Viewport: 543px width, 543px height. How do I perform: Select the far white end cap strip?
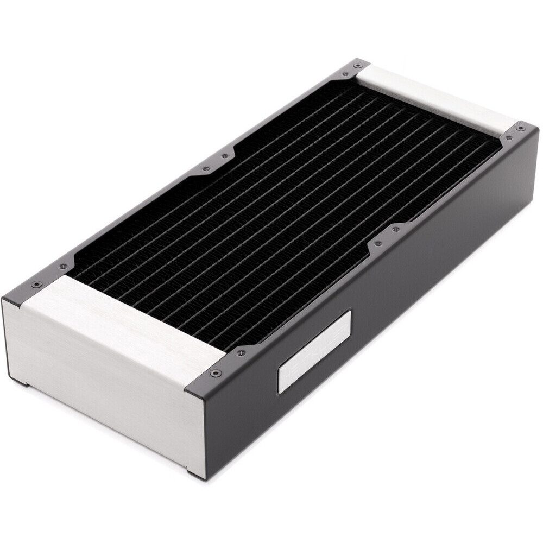coord(434,98)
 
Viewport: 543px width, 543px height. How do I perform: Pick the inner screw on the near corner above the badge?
coord(241,353)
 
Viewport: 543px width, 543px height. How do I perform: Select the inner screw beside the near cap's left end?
coord(63,267)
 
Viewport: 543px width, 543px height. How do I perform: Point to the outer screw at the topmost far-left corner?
coord(357,65)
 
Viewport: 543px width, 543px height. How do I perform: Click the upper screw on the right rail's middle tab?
coord(396,230)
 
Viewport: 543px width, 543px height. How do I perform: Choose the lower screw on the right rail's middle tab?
coord(378,244)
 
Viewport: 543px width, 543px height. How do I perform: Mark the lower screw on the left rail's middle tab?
coord(206,169)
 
